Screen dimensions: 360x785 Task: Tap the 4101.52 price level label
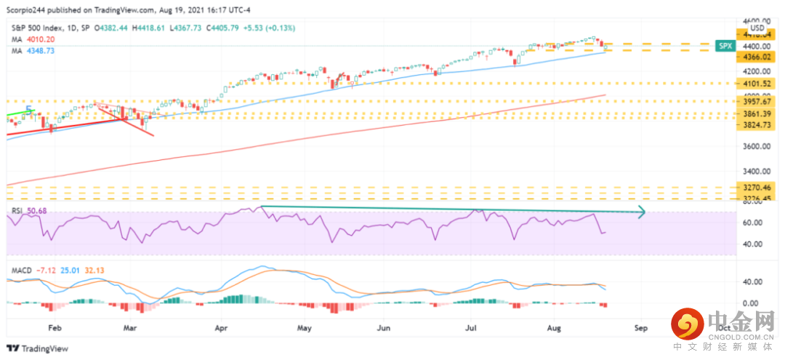pos(757,84)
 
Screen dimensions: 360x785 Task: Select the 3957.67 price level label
pos(757,101)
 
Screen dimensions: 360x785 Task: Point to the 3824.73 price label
pos(757,125)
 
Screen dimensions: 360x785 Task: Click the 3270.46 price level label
pos(757,187)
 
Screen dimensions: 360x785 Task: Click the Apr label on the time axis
pos(221,329)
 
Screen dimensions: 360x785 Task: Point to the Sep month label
pos(640,329)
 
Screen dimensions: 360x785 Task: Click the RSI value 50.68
pos(35,211)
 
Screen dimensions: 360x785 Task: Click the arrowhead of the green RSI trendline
pos(643,213)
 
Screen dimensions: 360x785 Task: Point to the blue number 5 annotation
pos(29,111)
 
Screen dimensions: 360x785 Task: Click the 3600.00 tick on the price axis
pos(756,147)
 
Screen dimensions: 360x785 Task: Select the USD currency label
pos(757,28)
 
